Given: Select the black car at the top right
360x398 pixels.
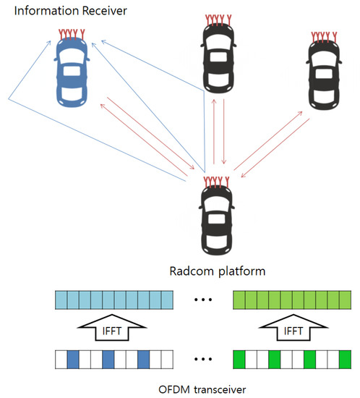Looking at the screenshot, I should [322, 75].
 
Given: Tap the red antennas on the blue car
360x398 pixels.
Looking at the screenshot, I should [72, 33].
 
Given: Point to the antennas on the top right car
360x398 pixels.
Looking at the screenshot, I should [322, 35].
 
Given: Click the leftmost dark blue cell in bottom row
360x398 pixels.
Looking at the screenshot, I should [72, 359].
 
